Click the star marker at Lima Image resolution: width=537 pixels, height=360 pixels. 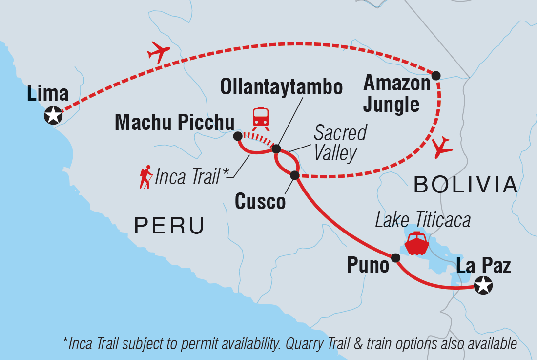click(53, 116)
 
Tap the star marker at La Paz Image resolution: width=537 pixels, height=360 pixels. click(483, 285)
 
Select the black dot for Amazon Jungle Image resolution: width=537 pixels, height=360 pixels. click(436, 75)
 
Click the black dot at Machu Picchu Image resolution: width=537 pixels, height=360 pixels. click(237, 135)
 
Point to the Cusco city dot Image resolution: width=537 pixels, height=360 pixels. click(294, 175)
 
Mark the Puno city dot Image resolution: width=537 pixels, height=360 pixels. click(395, 257)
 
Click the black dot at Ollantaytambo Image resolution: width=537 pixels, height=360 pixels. click(276, 148)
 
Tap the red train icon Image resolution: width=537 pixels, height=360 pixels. click(260, 118)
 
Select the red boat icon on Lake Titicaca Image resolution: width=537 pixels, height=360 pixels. click(416, 243)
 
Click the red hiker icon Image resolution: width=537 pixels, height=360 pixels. click(145, 178)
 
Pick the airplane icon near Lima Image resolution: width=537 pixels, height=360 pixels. click(158, 51)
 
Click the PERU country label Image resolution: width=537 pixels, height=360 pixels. click(169, 226)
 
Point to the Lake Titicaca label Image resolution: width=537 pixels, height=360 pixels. click(423, 220)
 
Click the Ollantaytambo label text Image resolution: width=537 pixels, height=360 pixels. click(281, 87)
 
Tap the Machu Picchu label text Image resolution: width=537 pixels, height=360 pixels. click(174, 123)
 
